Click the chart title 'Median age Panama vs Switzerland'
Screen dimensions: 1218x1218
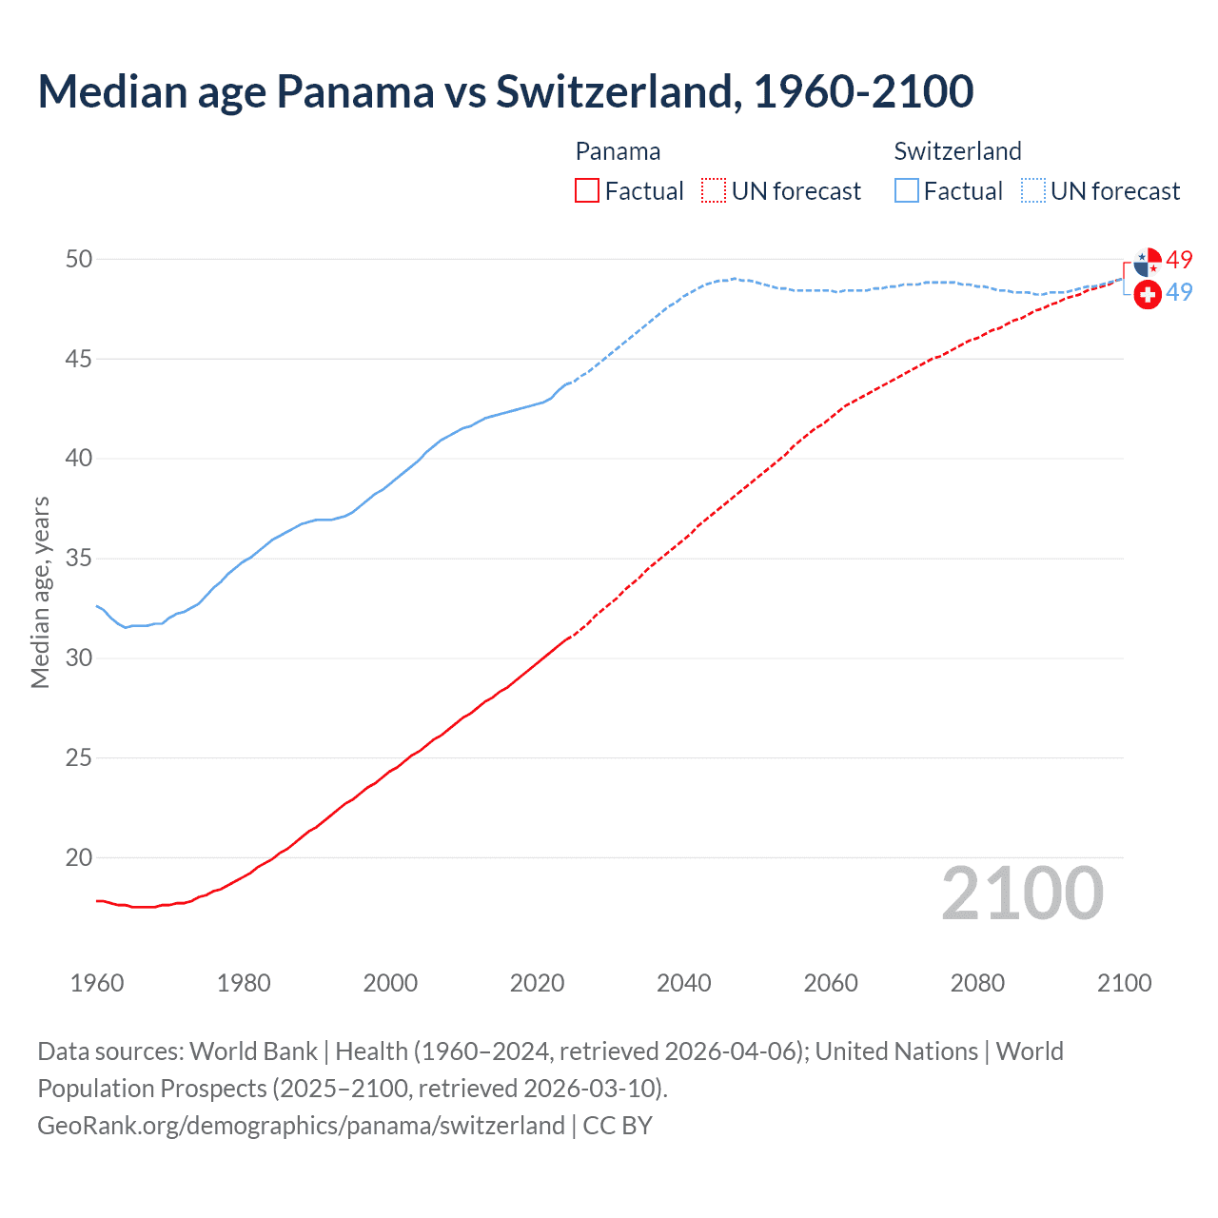505,91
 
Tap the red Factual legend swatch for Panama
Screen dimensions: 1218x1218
587,191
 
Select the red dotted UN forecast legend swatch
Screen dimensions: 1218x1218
714,191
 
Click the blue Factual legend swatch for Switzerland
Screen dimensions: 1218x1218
907,191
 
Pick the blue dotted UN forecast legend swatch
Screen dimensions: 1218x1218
1033,191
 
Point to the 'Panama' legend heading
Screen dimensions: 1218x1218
618,151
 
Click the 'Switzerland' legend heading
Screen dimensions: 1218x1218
957,151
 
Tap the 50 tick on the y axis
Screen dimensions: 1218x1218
79,260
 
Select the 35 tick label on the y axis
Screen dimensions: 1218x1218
79,559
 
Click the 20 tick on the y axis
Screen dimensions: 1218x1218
79,857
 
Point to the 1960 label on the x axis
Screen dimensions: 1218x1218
97,983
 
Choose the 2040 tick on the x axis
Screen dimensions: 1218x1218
684,983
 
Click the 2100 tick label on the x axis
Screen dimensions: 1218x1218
1124,983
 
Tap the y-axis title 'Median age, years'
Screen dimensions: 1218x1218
40,592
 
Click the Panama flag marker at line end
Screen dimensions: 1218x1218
1148,262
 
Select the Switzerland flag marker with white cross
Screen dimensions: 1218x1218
1148,295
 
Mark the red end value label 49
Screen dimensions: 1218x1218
1179,260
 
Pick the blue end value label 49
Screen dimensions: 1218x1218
1179,292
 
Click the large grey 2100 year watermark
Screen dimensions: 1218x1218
1022,894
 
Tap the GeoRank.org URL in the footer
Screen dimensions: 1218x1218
301,1126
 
